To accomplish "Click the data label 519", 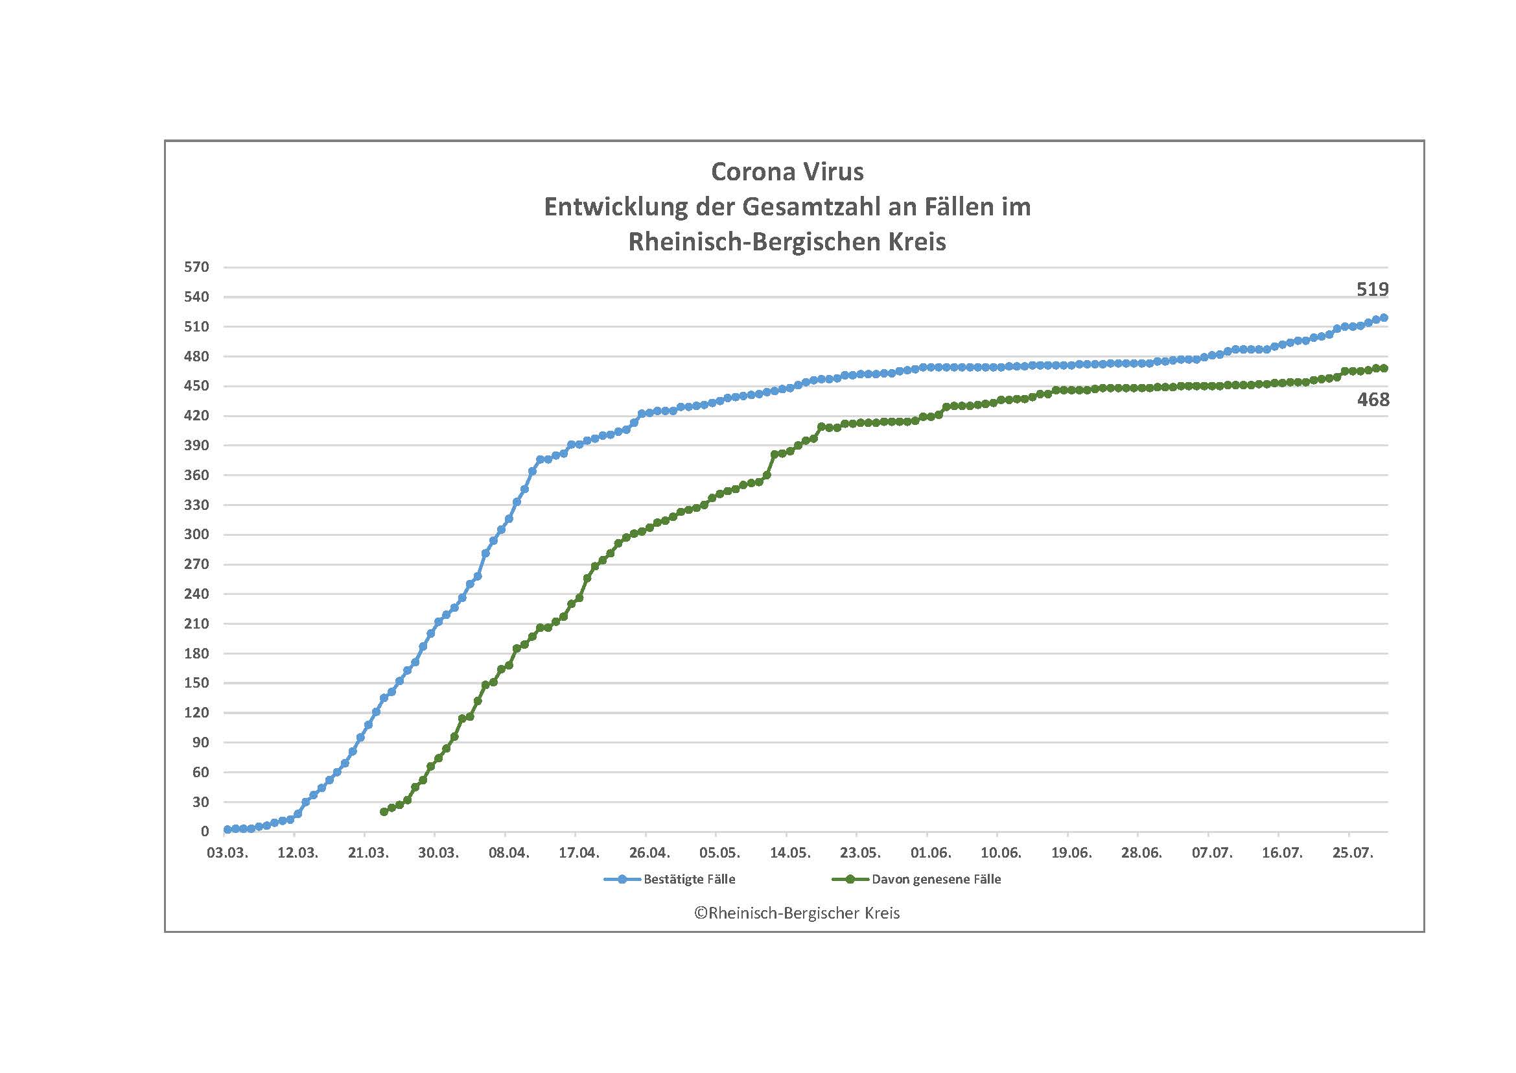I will point(1372,289).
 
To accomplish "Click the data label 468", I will point(1373,400).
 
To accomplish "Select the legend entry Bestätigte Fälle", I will point(689,880).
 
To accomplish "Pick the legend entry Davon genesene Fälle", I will point(936,880).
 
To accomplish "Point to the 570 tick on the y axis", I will point(197,267).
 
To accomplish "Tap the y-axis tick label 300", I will point(197,535).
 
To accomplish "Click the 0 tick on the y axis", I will point(205,832).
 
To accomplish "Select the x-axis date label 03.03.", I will point(227,853).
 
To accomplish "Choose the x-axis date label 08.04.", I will point(508,853).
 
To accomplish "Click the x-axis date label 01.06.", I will point(930,853).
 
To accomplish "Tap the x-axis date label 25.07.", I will point(1352,853).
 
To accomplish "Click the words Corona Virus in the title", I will point(787,172).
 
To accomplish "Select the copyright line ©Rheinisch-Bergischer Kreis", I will point(797,913).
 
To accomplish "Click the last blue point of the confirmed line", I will point(1384,318).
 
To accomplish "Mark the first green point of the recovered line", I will point(384,812).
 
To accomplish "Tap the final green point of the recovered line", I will point(1384,368).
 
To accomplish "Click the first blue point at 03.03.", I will point(227,829).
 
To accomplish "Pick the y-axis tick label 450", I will point(197,386).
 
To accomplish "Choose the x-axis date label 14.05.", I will point(789,853).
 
